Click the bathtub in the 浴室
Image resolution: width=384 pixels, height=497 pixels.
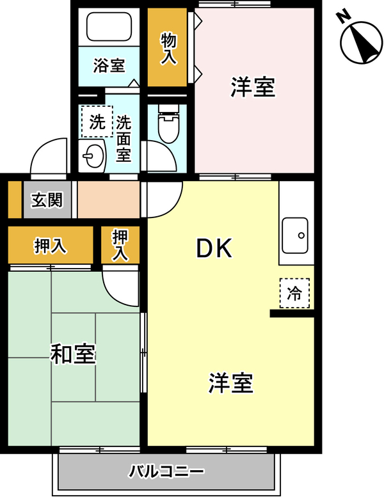click(109, 27)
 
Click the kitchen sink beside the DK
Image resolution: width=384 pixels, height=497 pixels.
click(295, 235)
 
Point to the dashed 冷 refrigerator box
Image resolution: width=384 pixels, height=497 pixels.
click(294, 293)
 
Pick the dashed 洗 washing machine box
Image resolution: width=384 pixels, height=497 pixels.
click(97, 122)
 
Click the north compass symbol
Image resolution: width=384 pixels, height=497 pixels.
click(361, 42)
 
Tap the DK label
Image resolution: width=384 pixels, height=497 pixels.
click(214, 248)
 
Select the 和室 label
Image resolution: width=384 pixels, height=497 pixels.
click(73, 354)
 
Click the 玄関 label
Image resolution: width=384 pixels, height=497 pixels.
click(47, 200)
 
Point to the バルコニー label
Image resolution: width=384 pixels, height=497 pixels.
click(166, 471)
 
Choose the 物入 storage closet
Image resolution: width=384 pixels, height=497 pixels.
click(167, 47)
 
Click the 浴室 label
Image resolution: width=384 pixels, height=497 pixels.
click(109, 65)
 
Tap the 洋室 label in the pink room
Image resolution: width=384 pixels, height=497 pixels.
click(253, 87)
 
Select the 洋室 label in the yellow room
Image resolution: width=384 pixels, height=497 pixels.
click(231, 383)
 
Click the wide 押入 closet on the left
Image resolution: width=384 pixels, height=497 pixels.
click(51, 245)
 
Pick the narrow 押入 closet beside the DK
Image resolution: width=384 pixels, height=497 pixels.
click(120, 245)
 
